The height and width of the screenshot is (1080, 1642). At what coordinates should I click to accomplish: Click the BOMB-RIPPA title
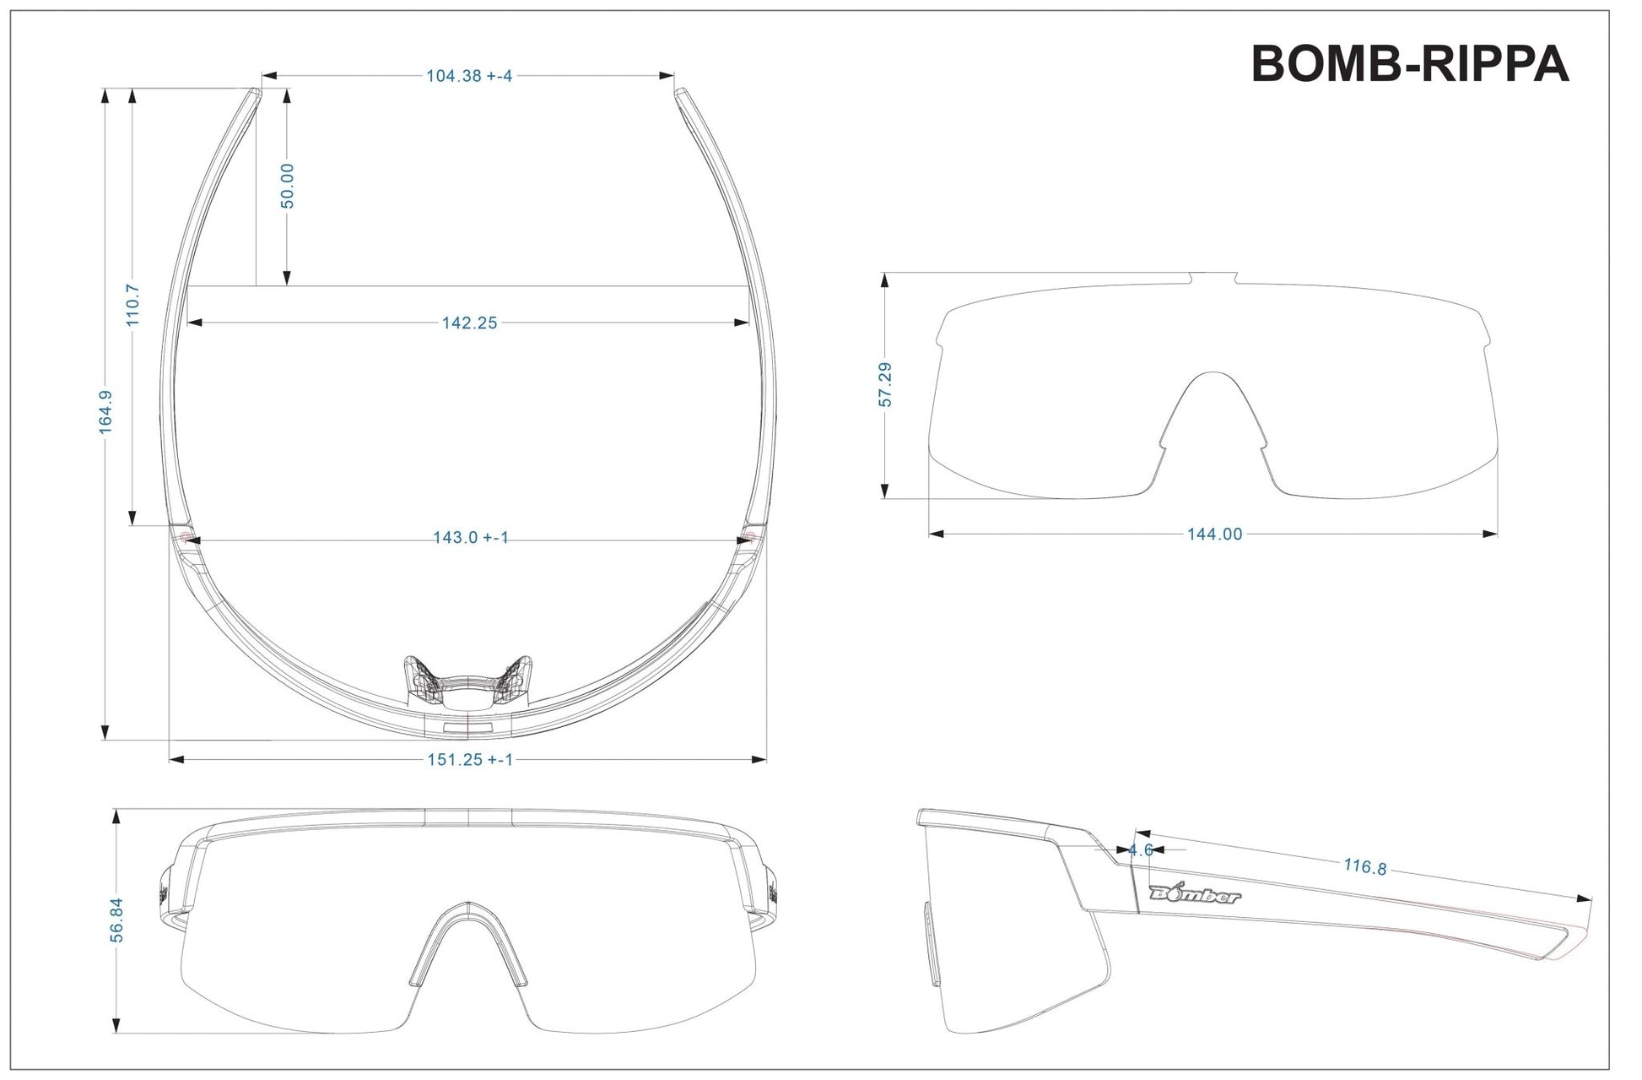1408,63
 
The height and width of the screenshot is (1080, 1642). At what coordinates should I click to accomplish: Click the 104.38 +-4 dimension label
469,76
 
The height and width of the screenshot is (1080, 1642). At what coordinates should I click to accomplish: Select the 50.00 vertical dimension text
287,186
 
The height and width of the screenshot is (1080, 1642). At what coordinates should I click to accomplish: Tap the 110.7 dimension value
132,306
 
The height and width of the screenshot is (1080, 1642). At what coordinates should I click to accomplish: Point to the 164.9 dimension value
106,412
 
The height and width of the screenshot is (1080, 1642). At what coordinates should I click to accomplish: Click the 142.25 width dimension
469,323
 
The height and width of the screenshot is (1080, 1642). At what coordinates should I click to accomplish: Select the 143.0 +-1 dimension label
471,538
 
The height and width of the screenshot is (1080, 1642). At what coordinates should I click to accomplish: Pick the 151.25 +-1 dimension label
469,760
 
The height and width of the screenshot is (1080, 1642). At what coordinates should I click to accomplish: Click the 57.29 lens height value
885,384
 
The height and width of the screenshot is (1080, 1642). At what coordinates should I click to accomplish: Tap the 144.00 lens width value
1214,534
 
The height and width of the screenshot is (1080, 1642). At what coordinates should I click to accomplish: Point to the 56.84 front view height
116,920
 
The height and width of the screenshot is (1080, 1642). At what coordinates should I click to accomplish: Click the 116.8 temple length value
1364,866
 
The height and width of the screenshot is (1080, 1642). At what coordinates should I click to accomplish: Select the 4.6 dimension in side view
1141,850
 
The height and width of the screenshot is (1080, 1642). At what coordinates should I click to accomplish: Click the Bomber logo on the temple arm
1195,895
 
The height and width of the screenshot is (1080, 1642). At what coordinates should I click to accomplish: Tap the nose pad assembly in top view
468,680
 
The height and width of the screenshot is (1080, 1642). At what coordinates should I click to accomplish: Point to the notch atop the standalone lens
1213,278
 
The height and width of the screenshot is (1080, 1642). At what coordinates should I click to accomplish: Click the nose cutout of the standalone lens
1213,414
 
